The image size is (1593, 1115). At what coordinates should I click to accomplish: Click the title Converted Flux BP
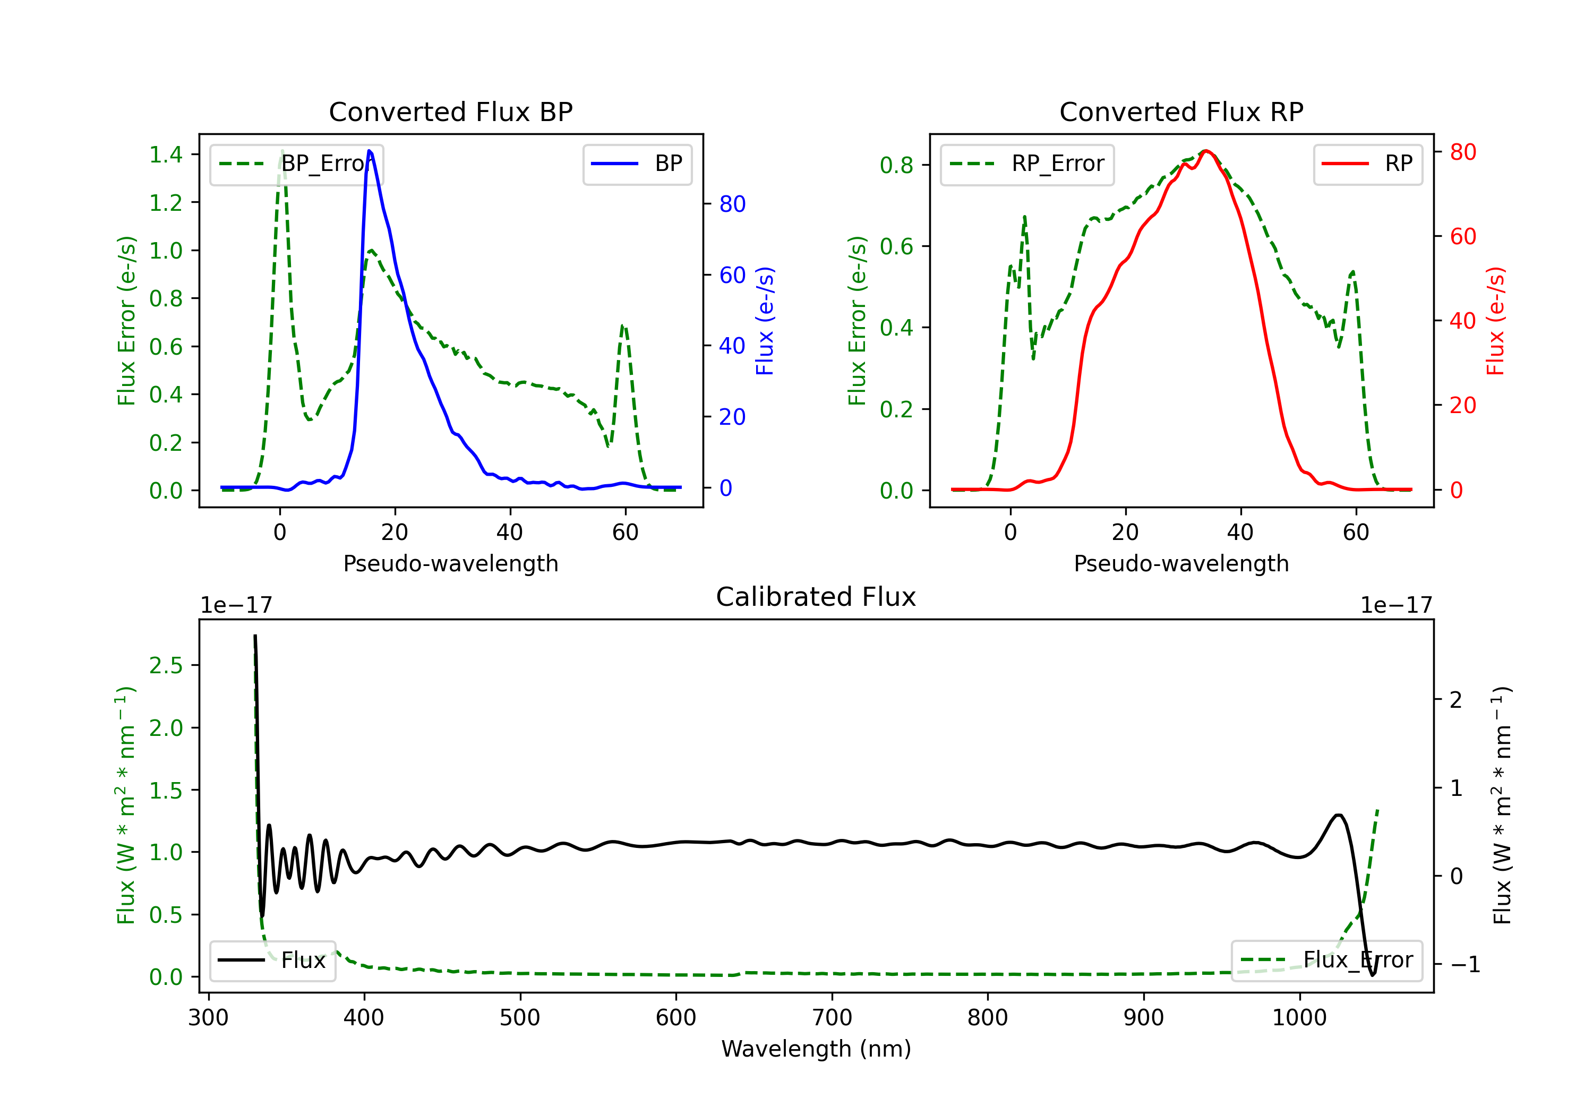click(450, 111)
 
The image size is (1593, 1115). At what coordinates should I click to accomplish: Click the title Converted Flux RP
click(1181, 111)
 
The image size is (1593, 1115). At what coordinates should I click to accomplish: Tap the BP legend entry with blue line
click(637, 164)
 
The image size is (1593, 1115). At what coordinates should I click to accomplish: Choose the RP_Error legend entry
click(1027, 164)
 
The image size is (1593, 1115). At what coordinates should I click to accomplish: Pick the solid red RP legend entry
click(1367, 164)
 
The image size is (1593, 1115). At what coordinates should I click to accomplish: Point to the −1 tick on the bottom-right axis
click(1464, 964)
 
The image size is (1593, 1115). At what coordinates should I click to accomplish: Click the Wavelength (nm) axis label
click(816, 1049)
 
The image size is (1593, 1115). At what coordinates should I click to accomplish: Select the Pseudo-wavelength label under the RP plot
click(1181, 563)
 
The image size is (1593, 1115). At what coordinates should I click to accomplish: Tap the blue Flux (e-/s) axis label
click(765, 321)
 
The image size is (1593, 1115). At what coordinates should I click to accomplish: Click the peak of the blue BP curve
click(369, 151)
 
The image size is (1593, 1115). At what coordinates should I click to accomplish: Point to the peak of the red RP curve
click(1206, 151)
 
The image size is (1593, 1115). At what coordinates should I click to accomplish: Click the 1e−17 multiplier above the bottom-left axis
click(236, 605)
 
